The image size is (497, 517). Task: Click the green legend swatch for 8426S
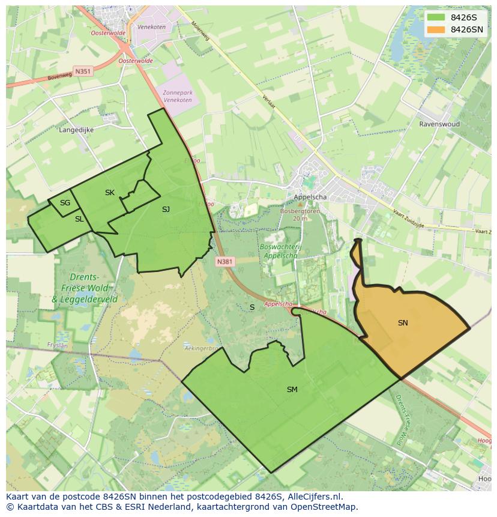tap(436, 17)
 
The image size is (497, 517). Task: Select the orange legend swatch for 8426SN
tap(436, 29)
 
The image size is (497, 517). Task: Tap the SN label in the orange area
tap(403, 323)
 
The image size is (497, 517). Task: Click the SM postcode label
tap(292, 390)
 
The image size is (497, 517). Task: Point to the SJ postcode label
tap(166, 210)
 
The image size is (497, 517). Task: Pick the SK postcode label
tap(110, 193)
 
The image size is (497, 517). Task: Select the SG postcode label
tap(65, 203)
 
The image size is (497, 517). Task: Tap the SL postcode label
tap(79, 219)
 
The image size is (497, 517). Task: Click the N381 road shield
tap(224, 262)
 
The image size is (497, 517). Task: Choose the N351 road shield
tap(83, 71)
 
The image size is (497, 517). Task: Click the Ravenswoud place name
tap(439, 124)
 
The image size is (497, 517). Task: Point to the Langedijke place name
tap(76, 129)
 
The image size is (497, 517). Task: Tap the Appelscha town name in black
tap(310, 197)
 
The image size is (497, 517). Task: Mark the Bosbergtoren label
tap(300, 211)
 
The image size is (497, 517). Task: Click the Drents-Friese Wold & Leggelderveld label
tap(85, 288)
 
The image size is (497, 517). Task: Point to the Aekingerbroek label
tap(200, 348)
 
